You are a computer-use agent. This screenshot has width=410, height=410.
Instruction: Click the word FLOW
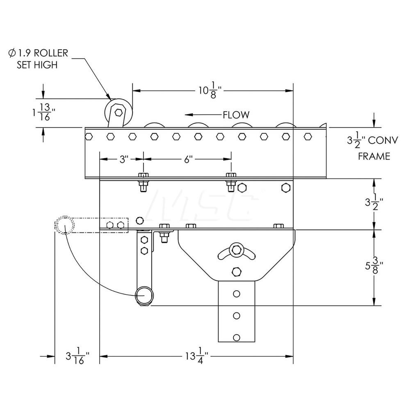pyautogui.click(x=236, y=115)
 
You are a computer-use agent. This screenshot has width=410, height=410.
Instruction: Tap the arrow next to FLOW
pyautogui.click(x=201, y=115)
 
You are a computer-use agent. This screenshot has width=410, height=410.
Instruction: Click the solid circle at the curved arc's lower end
pyautogui.click(x=144, y=296)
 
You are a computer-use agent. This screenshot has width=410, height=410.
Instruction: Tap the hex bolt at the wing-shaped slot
pyautogui.click(x=236, y=248)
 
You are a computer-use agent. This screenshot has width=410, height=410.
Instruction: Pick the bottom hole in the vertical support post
pyautogui.click(x=236, y=337)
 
